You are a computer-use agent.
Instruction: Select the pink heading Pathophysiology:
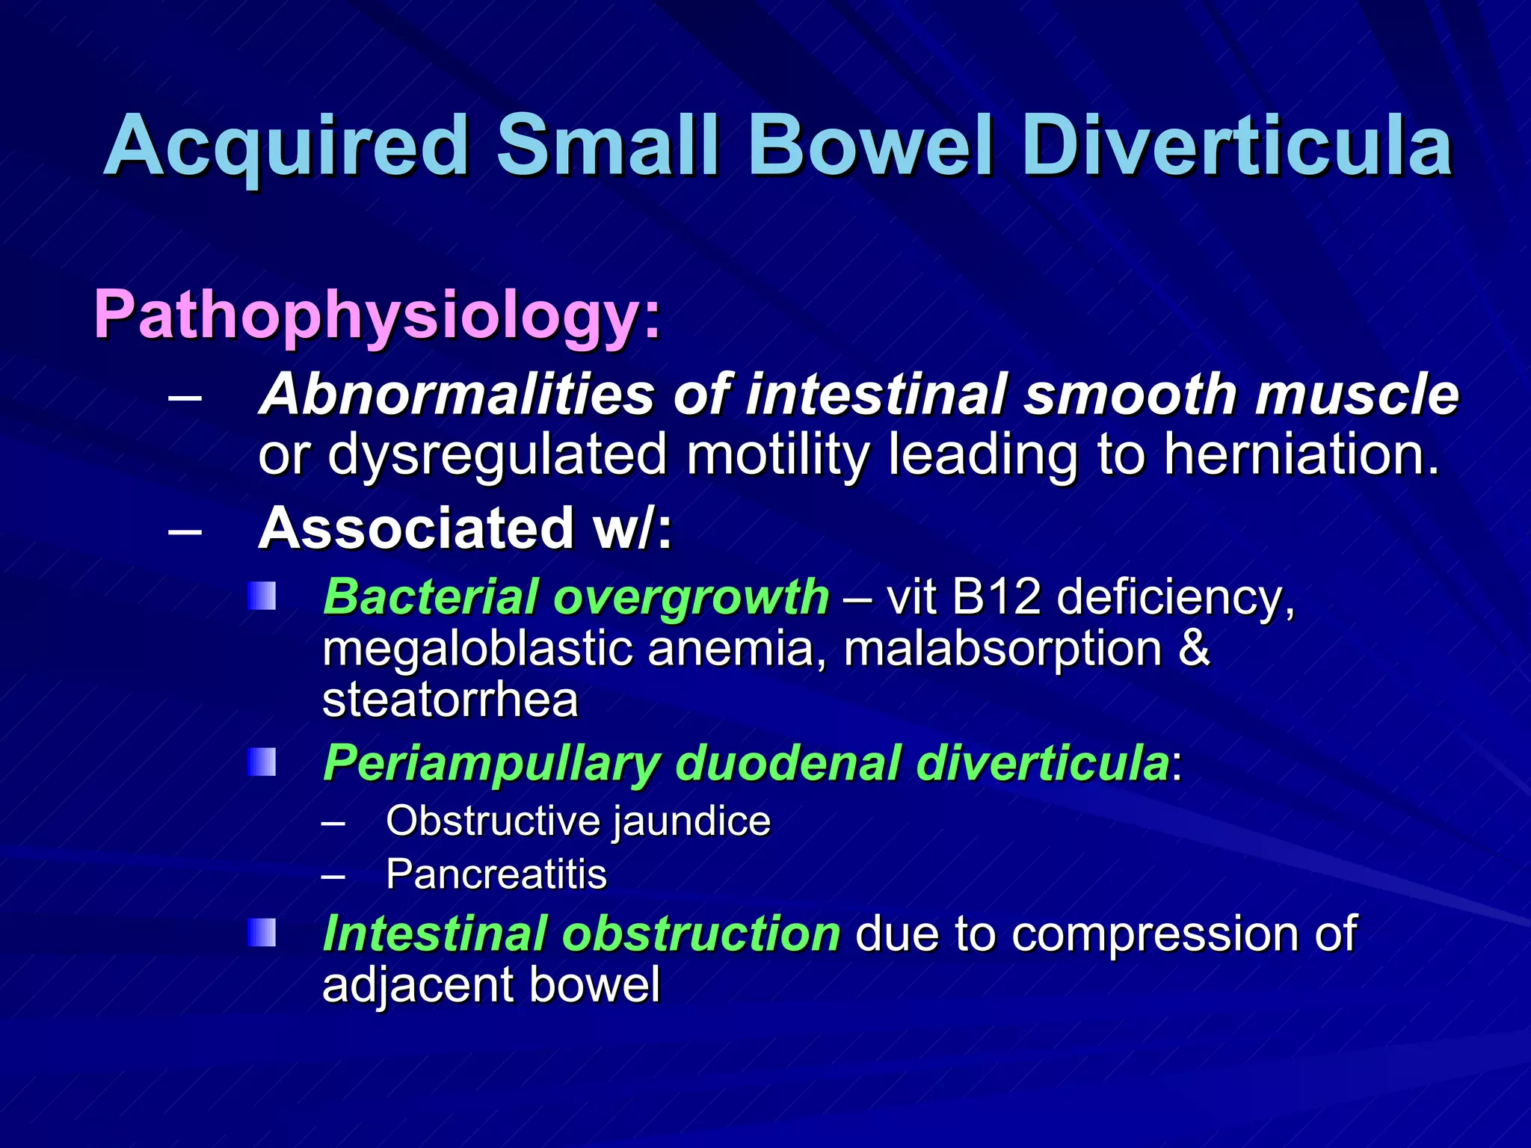pyautogui.click(x=378, y=315)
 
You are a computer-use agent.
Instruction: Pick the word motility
pyautogui.click(x=777, y=455)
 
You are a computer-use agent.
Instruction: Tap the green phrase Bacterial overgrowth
pyautogui.click(x=576, y=598)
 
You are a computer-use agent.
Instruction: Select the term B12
pyautogui.click(x=996, y=598)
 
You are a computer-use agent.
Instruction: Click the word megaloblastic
pyautogui.click(x=478, y=649)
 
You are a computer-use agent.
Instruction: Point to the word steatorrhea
pyautogui.click(x=450, y=700)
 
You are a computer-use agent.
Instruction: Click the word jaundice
pyautogui.click(x=692, y=821)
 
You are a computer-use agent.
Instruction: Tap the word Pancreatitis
pyautogui.click(x=496, y=874)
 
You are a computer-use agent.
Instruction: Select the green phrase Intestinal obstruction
pyautogui.click(x=582, y=934)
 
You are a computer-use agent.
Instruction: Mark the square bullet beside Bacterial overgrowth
pyautogui.click(x=262, y=596)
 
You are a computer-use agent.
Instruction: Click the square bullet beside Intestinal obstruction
pyautogui.click(x=262, y=933)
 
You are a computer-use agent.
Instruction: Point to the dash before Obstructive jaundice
pyautogui.click(x=333, y=823)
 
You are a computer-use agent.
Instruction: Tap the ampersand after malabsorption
pyautogui.click(x=1194, y=649)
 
